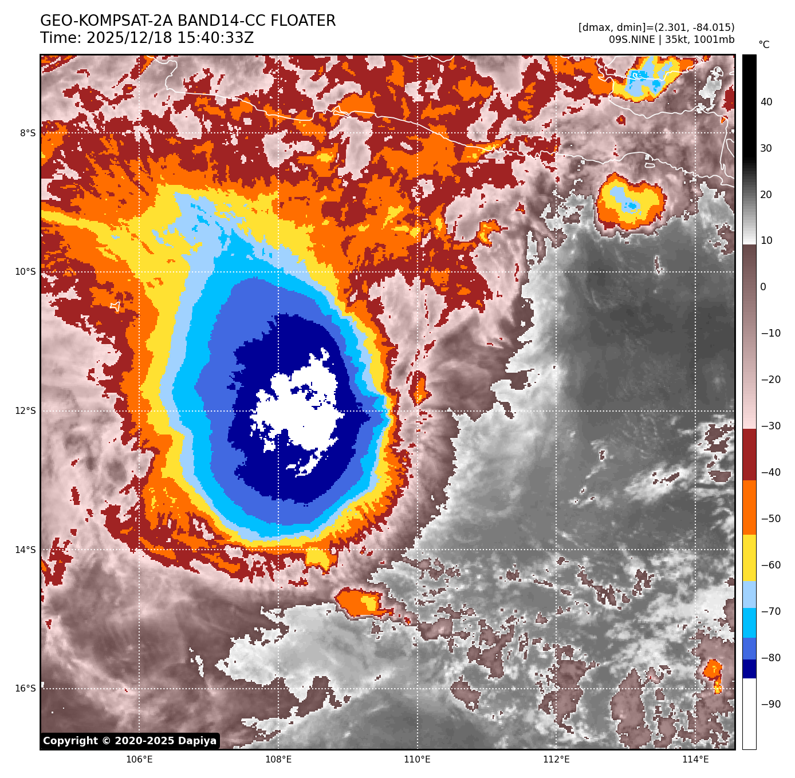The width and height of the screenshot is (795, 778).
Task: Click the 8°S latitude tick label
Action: pos(27,133)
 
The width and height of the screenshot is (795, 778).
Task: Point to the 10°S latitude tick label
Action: pos(26,271)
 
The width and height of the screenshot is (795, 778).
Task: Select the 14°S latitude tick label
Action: pos(26,550)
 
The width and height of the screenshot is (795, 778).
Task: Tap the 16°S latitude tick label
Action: pos(26,688)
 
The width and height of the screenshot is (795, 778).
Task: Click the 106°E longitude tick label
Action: pos(139,760)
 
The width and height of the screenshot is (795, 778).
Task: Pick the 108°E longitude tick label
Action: pos(278,760)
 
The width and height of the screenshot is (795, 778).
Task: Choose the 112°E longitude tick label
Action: pos(556,760)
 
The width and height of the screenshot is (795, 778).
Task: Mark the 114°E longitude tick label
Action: pos(695,760)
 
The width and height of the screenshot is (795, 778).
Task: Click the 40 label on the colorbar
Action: pos(766,102)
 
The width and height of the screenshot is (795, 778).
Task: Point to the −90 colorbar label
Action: pos(770,704)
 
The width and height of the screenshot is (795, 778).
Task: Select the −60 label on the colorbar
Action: pos(770,565)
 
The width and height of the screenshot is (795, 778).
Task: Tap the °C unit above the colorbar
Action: pos(763,45)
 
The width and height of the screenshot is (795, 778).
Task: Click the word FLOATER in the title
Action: pos(303,21)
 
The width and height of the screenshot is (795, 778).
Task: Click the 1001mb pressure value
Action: pos(714,40)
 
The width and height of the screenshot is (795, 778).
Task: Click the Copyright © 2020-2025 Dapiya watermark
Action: pos(130,741)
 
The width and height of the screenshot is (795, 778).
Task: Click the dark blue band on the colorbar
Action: pos(749,669)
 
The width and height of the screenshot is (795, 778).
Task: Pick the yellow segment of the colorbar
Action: pos(749,558)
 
